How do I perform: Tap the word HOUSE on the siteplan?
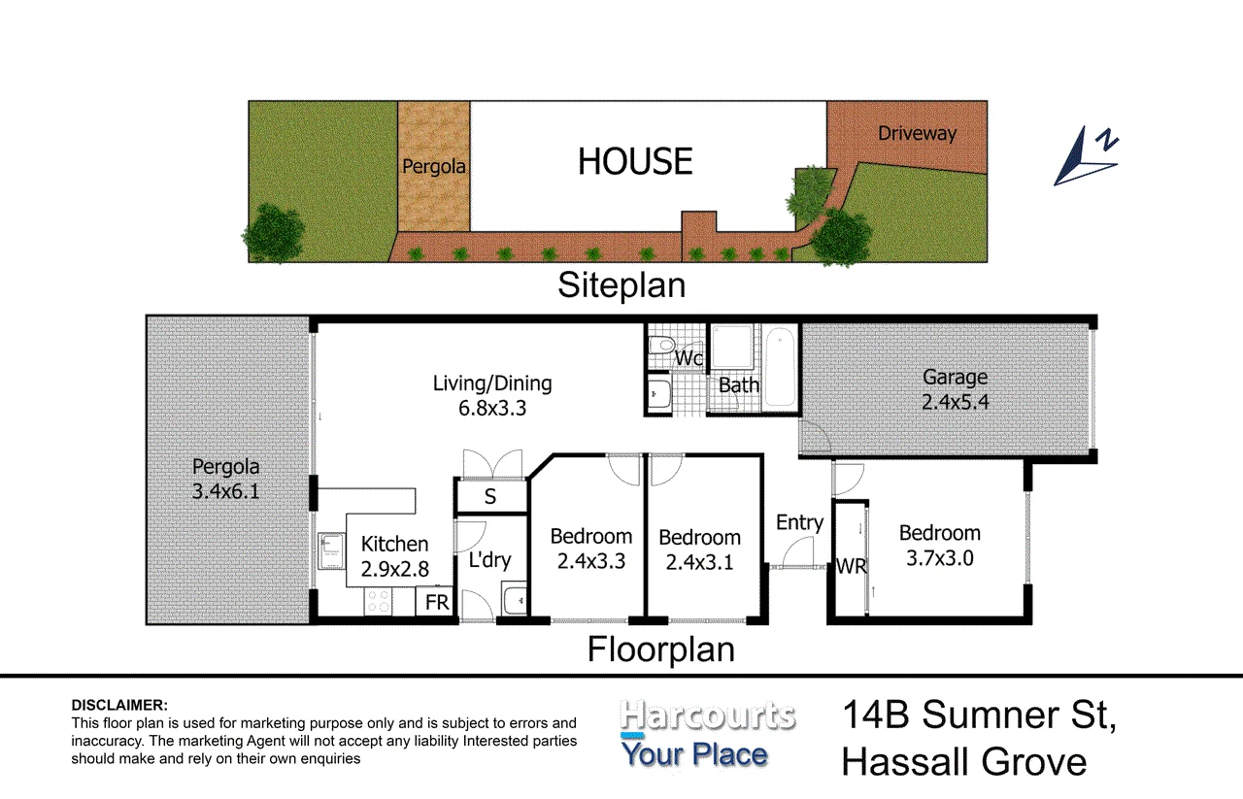tap(635, 161)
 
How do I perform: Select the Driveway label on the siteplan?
tap(918, 133)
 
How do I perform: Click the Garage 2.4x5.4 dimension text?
tap(955, 401)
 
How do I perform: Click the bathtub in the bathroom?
tap(780, 367)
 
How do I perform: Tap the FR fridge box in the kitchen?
tap(436, 602)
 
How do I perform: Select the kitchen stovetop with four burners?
tap(378, 602)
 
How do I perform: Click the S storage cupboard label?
tap(490, 497)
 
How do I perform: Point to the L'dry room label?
tap(489, 560)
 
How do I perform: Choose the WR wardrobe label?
tap(852, 567)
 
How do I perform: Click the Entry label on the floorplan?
tap(799, 522)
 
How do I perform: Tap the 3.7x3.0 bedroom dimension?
tap(939, 558)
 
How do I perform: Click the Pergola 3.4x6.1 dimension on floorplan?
tap(226, 491)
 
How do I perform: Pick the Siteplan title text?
tap(621, 285)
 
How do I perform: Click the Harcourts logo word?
tap(708, 716)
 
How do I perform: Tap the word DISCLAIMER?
tap(119, 705)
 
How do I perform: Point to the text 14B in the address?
tap(876, 715)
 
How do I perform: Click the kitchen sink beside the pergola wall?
tap(331, 551)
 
